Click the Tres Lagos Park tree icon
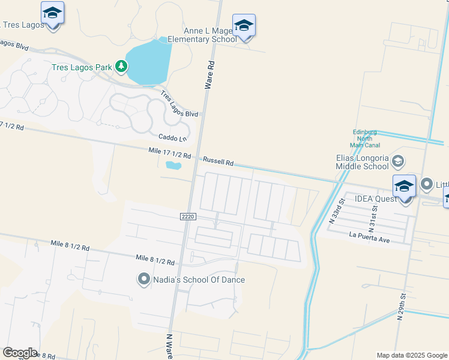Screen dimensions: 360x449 point(121,66)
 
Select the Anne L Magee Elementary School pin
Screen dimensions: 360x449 point(244,25)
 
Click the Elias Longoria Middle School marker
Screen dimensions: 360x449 point(397,161)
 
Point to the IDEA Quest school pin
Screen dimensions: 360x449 point(404,186)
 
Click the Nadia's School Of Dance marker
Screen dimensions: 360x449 point(143,279)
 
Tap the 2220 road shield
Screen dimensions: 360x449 point(187,216)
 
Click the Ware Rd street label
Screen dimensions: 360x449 point(209,74)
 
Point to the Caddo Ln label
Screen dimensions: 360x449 point(172,139)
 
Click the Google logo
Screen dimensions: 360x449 point(19,353)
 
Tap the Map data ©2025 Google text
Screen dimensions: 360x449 point(412,355)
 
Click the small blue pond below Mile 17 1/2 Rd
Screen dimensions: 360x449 point(173,165)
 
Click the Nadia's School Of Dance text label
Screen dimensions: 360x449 point(198,280)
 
